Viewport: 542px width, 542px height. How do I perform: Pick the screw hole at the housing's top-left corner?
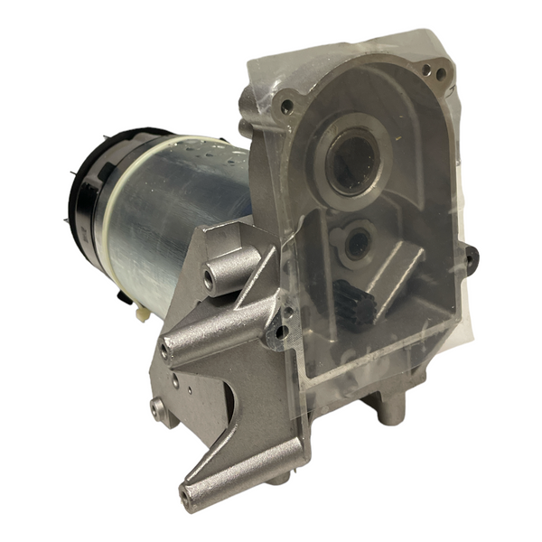pyautogui.click(x=286, y=107)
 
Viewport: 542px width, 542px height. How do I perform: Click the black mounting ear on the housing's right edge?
pyautogui.click(x=471, y=259)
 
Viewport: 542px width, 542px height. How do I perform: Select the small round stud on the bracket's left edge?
pyautogui.click(x=157, y=408)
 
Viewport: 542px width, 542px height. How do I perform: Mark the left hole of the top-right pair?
pyautogui.click(x=423, y=68)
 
